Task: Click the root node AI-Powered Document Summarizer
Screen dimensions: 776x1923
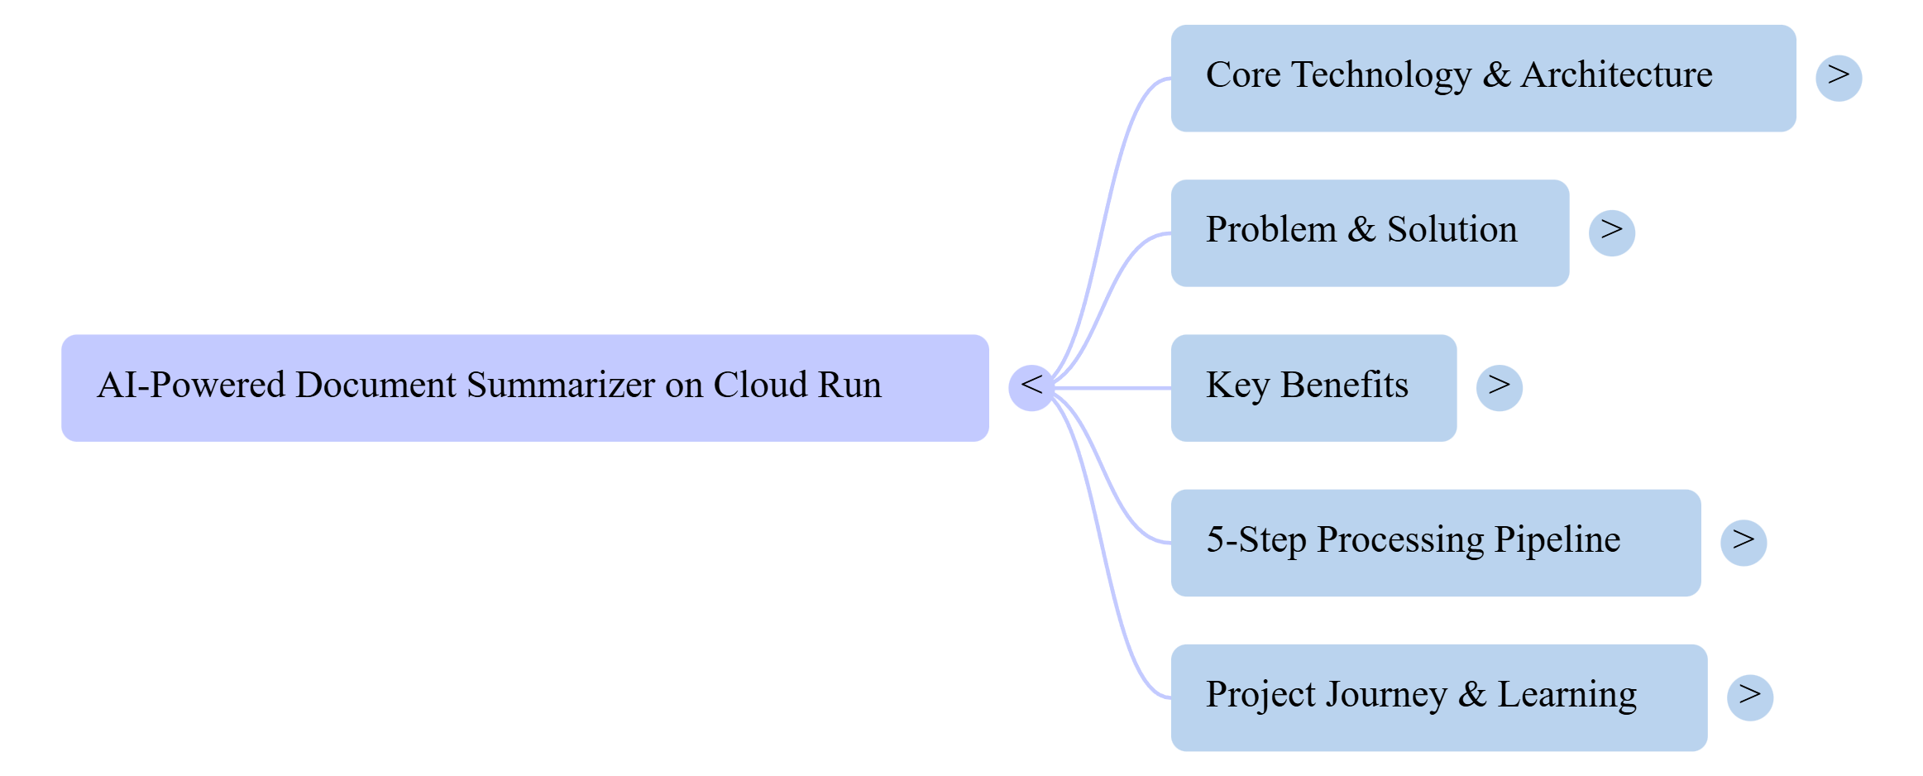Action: coord(524,387)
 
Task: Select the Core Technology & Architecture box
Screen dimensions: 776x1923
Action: coord(1482,78)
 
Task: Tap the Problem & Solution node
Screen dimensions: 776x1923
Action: coord(1369,232)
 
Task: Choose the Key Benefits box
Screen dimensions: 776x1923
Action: coord(1313,387)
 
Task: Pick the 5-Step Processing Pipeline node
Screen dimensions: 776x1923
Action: coord(1435,542)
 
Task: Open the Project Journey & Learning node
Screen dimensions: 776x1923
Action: coord(1438,697)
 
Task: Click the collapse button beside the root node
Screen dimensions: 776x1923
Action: coord(1031,387)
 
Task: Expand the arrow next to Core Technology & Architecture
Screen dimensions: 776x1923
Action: coord(1839,78)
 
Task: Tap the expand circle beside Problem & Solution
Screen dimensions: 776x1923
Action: coord(1611,232)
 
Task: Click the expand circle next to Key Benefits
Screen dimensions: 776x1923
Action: coord(1499,387)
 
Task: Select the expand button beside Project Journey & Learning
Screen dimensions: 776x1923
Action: coord(1749,697)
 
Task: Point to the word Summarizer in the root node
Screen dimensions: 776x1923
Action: coord(561,386)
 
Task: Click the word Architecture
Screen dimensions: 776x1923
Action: coord(1616,75)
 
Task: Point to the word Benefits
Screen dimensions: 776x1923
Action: coord(1344,386)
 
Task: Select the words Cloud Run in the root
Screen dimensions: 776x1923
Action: coord(797,386)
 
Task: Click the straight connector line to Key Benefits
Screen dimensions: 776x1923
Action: coord(1112,387)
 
